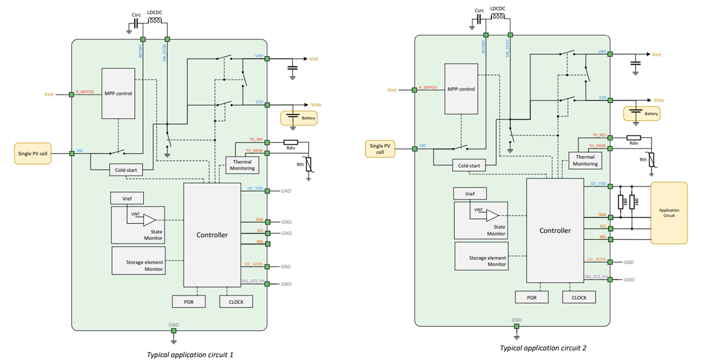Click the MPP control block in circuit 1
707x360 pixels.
[x=118, y=93]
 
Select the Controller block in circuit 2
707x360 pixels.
[x=555, y=230]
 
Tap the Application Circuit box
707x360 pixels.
[x=669, y=213]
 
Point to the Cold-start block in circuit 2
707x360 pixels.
[x=470, y=166]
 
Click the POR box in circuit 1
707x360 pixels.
[x=189, y=301]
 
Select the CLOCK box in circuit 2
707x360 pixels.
[x=579, y=298]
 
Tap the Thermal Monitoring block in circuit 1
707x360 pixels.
[x=242, y=164]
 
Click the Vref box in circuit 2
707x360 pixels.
[x=470, y=194]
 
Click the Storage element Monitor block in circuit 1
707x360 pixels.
[x=138, y=261]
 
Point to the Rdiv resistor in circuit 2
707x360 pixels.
[x=633, y=138]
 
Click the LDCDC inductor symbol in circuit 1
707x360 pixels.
[x=154, y=22]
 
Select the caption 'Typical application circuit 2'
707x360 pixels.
[x=543, y=348]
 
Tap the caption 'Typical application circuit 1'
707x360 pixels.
[x=191, y=355]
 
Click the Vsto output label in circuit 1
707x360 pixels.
[x=315, y=105]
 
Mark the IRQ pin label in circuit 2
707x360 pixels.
[x=602, y=237]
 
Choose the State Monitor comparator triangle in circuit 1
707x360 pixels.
[x=149, y=219]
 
